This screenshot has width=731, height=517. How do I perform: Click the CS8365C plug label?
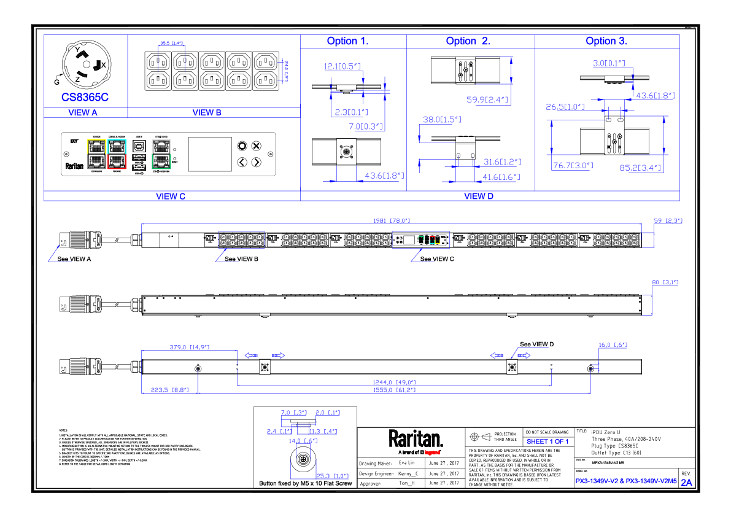click(85, 98)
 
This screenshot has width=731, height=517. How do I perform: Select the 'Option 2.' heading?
click(468, 41)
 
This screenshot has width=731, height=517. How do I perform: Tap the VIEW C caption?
click(171, 196)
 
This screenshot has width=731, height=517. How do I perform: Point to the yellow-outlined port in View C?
click(96, 146)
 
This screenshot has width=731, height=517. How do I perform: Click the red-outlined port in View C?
click(116, 161)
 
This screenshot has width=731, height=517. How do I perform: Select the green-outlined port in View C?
click(161, 161)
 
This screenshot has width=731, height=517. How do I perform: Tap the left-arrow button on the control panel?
click(242, 162)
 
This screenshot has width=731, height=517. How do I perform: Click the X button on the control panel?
click(257, 146)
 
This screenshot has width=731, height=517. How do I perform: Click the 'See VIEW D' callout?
click(536, 344)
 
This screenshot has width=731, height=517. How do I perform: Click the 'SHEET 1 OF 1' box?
click(547, 441)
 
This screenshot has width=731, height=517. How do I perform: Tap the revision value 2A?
click(686, 483)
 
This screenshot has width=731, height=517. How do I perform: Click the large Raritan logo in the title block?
click(416, 439)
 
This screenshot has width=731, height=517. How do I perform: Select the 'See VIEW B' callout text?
click(241, 259)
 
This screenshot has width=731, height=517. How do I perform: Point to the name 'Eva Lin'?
click(406, 463)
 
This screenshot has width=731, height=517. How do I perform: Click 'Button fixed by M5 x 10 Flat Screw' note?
click(306, 484)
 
